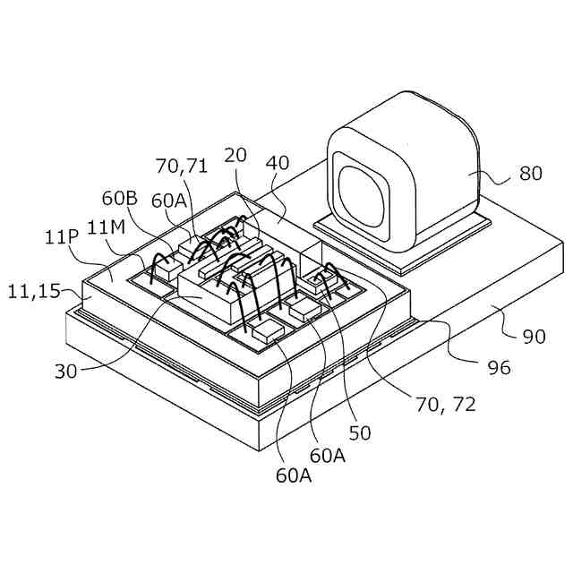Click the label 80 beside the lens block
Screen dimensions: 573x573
pos(530,174)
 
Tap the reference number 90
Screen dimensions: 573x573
pos(534,338)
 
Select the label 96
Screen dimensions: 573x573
pos(498,368)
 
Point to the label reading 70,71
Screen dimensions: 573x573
pos(183,166)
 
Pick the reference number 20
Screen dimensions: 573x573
pos(236,155)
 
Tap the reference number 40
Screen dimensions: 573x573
pos(278,164)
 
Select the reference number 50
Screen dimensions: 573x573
pos(359,433)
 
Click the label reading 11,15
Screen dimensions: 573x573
pos(33,291)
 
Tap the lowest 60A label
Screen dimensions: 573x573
pos(293,475)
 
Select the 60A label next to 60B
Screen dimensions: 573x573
pos(169,201)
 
